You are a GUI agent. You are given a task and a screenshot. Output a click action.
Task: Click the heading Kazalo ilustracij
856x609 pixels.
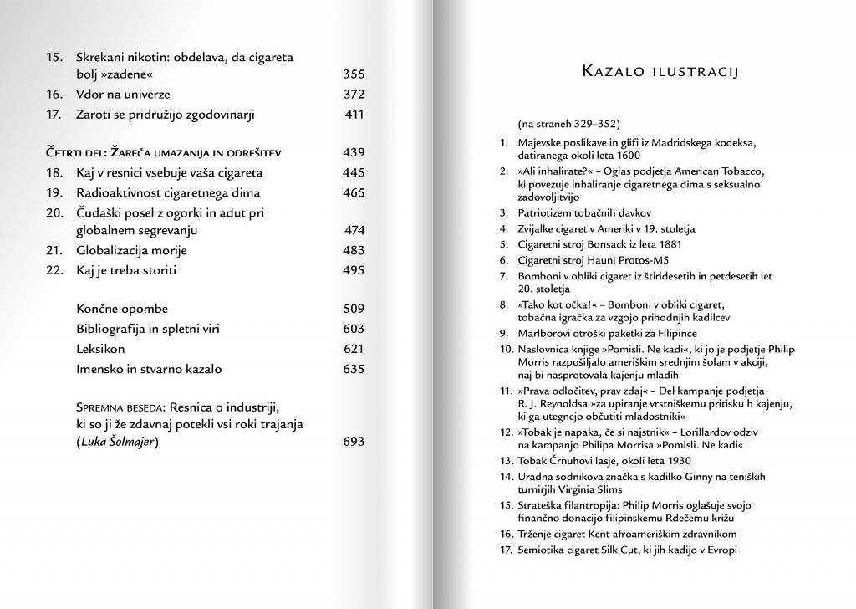click(659, 72)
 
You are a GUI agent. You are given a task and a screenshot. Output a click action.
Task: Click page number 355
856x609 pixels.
click(354, 74)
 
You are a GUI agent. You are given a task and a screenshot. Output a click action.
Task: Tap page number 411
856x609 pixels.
click(354, 115)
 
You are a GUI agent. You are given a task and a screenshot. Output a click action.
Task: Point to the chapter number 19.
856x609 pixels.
click(54, 193)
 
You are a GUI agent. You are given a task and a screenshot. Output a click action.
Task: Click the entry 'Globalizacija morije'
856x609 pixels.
click(131, 250)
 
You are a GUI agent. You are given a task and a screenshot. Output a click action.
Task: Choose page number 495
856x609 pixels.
click(354, 270)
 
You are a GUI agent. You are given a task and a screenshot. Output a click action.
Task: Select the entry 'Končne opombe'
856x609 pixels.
click(122, 309)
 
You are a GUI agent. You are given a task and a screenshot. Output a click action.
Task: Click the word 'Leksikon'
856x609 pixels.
click(101, 349)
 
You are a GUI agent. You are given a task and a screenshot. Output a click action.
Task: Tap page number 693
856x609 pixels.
click(354, 442)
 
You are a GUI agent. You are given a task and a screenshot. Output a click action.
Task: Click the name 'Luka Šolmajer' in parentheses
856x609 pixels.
click(116, 442)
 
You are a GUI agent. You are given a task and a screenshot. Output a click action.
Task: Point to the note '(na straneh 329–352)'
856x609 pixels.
click(568, 124)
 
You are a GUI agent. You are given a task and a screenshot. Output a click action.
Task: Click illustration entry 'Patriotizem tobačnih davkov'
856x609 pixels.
click(584, 213)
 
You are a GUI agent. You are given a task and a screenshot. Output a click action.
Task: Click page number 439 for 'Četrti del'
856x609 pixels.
click(354, 153)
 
